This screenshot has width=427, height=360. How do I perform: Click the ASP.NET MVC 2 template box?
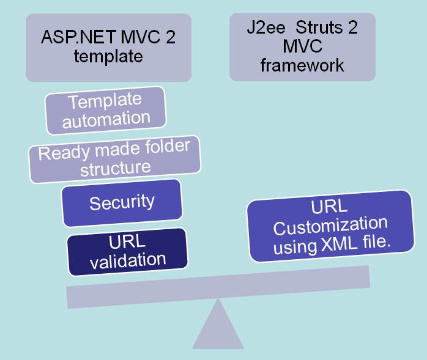tap(108, 47)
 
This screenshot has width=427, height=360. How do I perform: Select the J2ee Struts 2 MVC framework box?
tap(302, 47)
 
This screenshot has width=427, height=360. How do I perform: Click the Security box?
tap(122, 202)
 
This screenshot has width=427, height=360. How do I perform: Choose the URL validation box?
tap(127, 249)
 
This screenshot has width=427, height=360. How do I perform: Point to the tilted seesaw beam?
tap(218, 286)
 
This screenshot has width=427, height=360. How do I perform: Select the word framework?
tap(302, 65)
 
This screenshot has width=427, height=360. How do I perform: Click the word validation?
tap(127, 259)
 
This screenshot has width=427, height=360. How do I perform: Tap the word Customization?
tap(330, 226)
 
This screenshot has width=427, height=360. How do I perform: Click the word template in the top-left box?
tap(108, 56)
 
